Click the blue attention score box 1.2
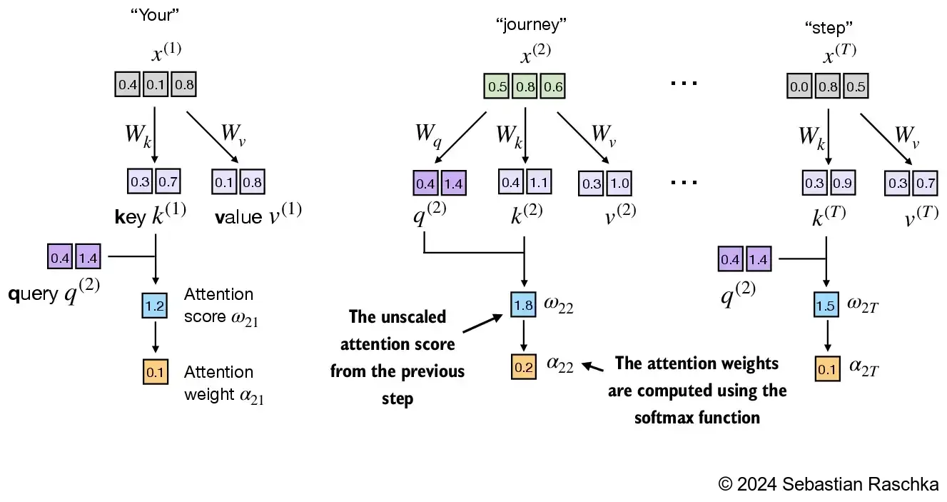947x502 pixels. [x=155, y=306]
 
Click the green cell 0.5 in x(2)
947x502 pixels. [x=496, y=86]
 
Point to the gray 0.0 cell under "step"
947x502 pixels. [x=799, y=86]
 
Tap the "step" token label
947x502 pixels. [x=828, y=27]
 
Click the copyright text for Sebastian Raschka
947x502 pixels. [x=828, y=483]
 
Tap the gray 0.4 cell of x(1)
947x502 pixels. [x=128, y=85]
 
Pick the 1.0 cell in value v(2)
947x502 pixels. [x=620, y=183]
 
